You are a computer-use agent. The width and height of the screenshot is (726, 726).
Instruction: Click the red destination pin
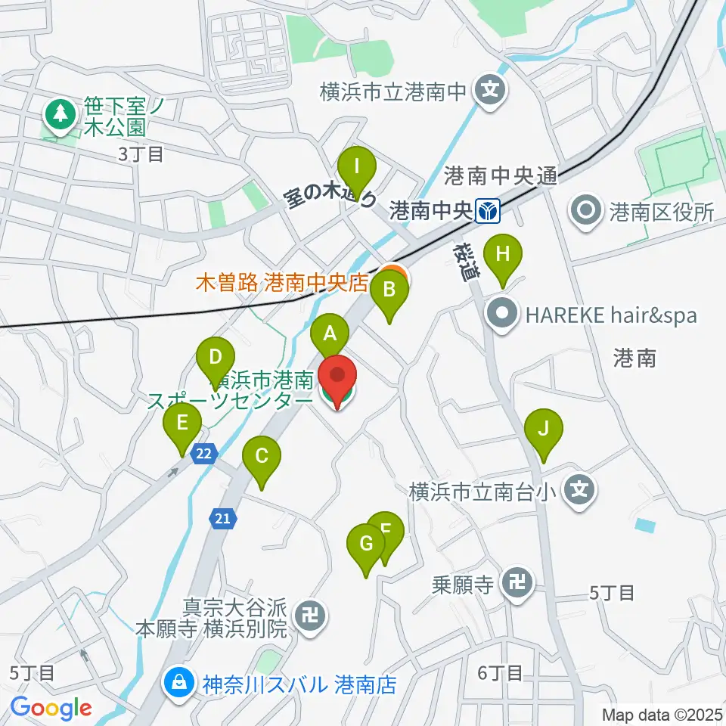tap(337, 378)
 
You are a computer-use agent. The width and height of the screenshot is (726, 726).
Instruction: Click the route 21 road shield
tap(222, 518)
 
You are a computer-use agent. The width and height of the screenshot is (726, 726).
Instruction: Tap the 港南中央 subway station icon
tap(487, 211)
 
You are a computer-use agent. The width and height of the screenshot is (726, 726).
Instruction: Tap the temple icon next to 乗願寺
tap(519, 583)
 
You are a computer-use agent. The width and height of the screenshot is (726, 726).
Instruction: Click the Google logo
tap(51, 708)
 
